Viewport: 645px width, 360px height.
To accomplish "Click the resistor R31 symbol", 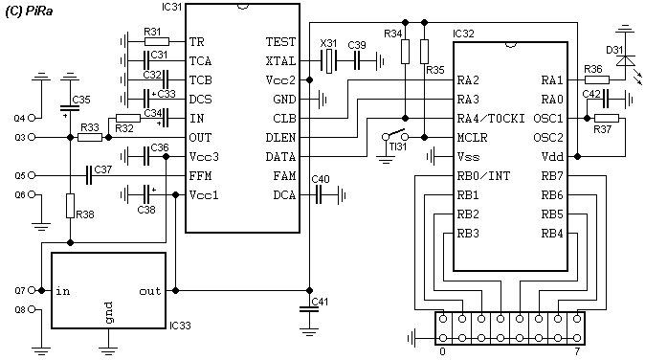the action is (157, 41).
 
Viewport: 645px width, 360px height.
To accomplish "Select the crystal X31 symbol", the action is (328, 61).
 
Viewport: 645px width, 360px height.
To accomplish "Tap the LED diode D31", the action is (625, 61).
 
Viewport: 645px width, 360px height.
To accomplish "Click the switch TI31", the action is (395, 135).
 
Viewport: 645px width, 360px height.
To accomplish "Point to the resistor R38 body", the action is (71, 206).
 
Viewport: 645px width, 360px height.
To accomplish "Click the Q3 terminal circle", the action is (32, 137).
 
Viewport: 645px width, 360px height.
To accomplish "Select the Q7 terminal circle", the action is (32, 290).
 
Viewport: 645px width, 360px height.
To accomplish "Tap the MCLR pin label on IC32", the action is (472, 138).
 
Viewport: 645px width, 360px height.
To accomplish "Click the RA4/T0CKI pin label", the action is (491, 119).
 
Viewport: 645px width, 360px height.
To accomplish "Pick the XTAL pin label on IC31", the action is (280, 61).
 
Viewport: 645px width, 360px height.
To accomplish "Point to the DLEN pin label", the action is (280, 138).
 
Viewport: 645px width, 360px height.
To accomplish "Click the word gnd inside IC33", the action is (108, 313).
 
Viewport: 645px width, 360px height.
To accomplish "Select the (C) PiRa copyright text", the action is (29, 11).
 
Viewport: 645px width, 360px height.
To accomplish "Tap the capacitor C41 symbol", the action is (309, 309).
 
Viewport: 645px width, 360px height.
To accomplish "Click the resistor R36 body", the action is (597, 80).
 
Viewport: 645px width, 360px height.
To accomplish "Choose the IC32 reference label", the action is (463, 34).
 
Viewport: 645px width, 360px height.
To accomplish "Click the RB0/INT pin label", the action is (483, 176).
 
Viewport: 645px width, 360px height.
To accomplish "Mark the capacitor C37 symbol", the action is (89, 175).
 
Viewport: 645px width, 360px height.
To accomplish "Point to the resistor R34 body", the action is (405, 52).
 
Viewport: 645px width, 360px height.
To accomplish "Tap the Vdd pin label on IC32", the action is (552, 157).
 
